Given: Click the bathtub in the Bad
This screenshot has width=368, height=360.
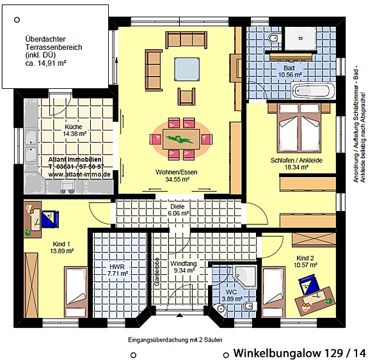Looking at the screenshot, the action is pos(314,91).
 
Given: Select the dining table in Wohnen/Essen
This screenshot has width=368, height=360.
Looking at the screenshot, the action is pos(181,139).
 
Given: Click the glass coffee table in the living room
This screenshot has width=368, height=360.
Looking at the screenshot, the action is pos(187,70).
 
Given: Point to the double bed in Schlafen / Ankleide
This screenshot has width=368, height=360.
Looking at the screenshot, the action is pos(299,127).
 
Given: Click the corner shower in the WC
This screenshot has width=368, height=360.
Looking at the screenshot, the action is pos(245,276).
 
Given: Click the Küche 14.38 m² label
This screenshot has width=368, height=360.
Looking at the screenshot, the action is pos(74,130).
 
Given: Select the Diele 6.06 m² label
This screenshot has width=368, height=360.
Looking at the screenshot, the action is pos(178,210).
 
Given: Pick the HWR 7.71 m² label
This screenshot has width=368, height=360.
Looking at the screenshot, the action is pos(117,270).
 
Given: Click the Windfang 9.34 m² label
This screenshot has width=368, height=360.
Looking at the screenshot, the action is pos(184,267).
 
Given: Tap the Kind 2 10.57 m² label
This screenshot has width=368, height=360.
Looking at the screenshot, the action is pos(305,262).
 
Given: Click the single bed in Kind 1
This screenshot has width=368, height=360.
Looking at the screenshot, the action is pos(76,292).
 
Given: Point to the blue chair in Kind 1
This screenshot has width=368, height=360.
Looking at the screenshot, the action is pos(50,219).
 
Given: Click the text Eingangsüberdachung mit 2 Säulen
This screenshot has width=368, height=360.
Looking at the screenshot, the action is pos(175,340).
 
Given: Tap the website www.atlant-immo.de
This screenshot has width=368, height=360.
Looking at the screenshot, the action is pos(79,175).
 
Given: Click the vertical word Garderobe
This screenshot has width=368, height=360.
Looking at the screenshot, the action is pos(157,272).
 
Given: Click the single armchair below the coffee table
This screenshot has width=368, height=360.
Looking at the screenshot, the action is pos(186,97).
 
